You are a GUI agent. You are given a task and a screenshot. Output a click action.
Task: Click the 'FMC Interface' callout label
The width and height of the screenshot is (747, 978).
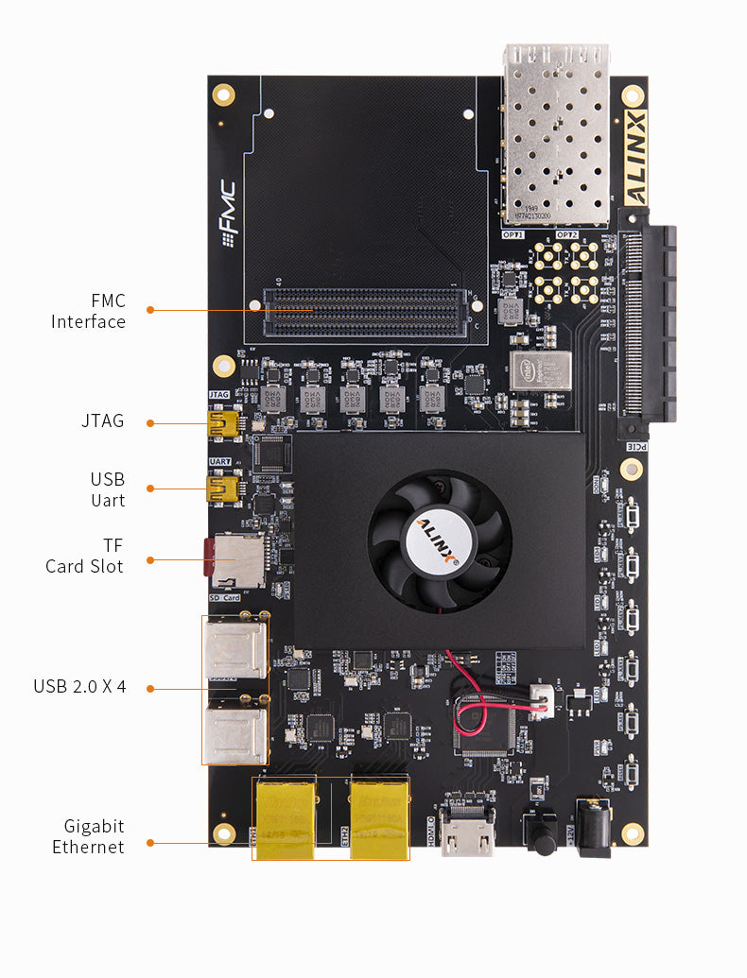(88, 312)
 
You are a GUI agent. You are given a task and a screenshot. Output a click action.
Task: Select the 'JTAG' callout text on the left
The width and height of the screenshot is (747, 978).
(102, 421)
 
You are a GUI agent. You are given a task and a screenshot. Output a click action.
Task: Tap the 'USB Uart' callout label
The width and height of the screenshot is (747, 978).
(107, 489)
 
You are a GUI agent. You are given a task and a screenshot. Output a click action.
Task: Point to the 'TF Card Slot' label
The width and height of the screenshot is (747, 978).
(84, 556)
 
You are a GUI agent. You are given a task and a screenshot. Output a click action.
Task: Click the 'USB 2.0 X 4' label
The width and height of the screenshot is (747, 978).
(79, 687)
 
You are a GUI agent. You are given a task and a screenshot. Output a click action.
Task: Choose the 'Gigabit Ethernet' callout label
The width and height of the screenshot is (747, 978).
(88, 836)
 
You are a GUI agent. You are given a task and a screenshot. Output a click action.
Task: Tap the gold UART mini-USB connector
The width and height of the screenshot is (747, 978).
(222, 489)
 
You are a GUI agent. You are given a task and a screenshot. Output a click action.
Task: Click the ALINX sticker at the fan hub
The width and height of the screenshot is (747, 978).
(439, 540)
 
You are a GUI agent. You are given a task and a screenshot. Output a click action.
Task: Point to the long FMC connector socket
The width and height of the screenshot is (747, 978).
(365, 313)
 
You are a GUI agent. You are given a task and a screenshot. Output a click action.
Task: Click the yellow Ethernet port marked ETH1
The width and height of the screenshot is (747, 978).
(285, 818)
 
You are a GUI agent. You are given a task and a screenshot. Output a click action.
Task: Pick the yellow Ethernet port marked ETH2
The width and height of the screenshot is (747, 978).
(379, 818)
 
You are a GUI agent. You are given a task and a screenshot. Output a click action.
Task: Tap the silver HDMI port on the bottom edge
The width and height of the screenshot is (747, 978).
(468, 832)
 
